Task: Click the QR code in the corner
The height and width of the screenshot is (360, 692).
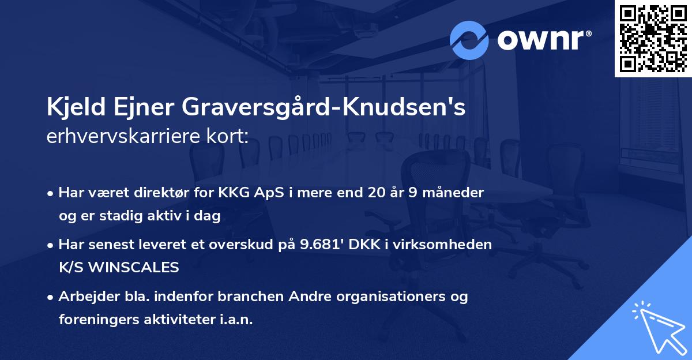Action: click(x=653, y=38)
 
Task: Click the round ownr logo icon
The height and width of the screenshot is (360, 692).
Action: click(x=469, y=40)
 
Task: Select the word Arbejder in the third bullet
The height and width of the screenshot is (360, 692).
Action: click(x=84, y=297)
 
